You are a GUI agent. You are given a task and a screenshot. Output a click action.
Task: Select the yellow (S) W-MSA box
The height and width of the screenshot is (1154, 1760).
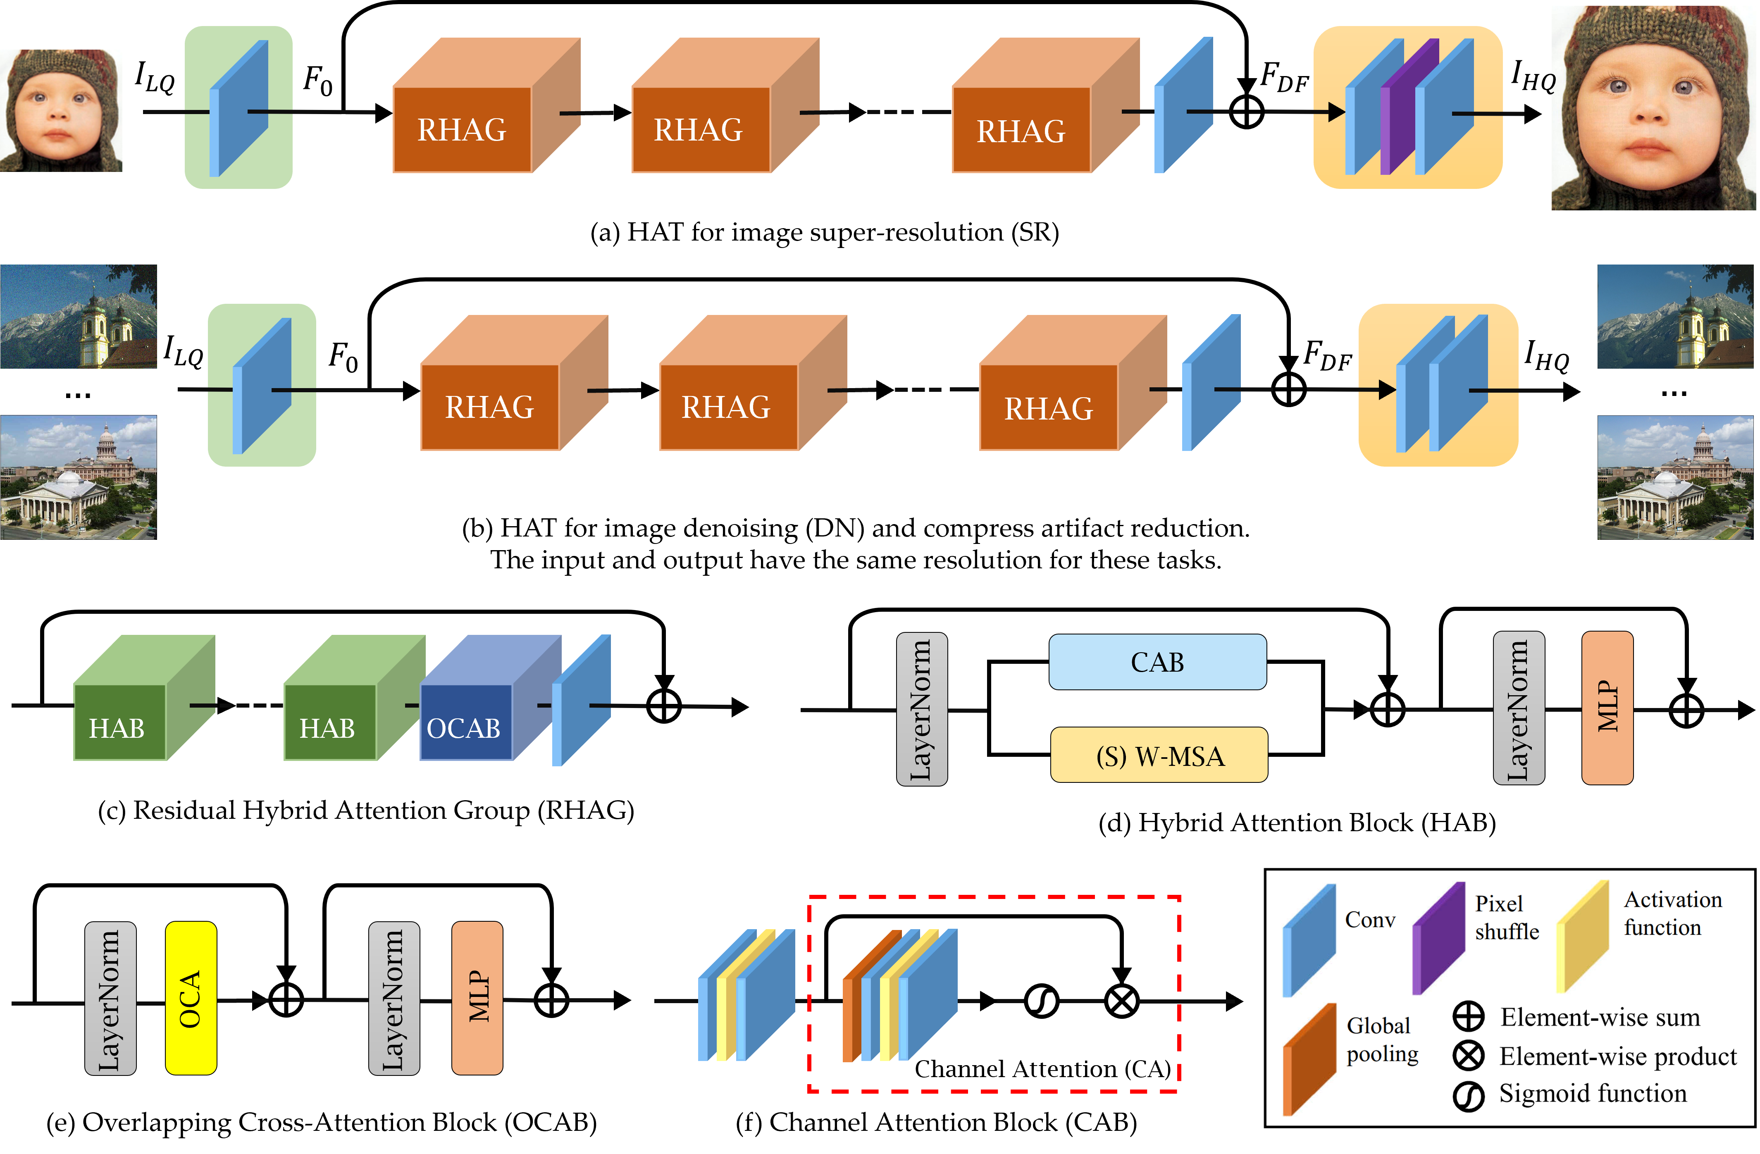pos(1159,755)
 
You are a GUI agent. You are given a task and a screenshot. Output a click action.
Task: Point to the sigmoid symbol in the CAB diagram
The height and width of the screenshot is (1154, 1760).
pos(1041,1002)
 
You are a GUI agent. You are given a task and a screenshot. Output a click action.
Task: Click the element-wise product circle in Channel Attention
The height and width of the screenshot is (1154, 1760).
pos(1121,1002)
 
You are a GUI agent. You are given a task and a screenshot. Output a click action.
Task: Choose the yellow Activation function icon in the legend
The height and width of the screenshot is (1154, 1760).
pos(1583,936)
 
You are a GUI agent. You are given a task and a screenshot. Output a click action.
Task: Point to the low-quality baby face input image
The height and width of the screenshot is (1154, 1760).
pos(61,111)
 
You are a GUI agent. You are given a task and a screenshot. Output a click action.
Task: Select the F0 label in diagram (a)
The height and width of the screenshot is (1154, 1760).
pos(318,80)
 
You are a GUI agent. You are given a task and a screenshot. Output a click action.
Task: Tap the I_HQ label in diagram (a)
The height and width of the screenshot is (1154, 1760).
pos(1532,76)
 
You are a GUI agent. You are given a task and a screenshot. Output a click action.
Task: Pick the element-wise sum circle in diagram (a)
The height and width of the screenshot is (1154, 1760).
pos(1246,112)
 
